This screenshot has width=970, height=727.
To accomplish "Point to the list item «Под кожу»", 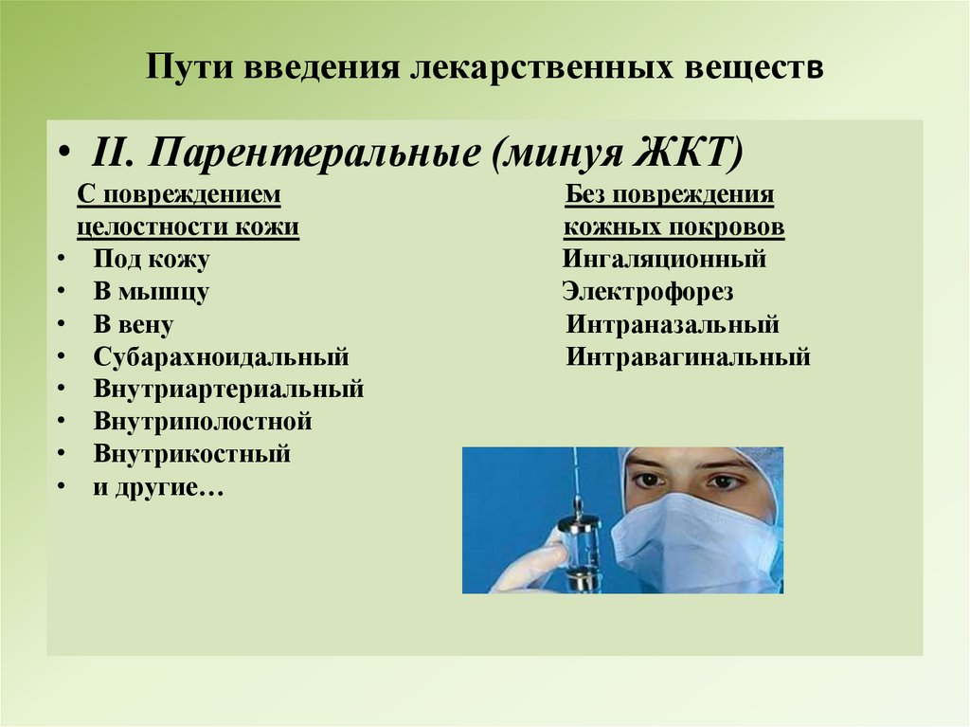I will pyautogui.click(x=152, y=260).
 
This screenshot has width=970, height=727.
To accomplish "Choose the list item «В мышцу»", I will pyautogui.click(x=152, y=292).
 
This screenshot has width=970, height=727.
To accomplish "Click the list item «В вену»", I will pyautogui.click(x=134, y=325).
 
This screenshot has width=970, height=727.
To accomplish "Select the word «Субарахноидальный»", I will pyautogui.click(x=222, y=357).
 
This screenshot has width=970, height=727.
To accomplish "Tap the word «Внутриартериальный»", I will pyautogui.click(x=229, y=390).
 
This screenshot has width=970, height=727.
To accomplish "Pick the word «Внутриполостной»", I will pyautogui.click(x=203, y=422).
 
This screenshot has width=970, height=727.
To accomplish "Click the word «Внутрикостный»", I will pyautogui.click(x=192, y=454).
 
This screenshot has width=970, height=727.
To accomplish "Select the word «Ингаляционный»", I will pyautogui.click(x=664, y=260).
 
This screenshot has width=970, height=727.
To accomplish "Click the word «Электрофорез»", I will pyautogui.click(x=647, y=292).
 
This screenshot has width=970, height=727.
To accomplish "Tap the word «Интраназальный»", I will pyautogui.click(x=673, y=325).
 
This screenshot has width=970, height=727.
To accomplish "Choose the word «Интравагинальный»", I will pyautogui.click(x=689, y=357).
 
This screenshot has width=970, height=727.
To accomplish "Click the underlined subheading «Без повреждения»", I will pyautogui.click(x=670, y=195).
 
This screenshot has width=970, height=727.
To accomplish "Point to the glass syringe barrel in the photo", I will pyautogui.click(x=579, y=550).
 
